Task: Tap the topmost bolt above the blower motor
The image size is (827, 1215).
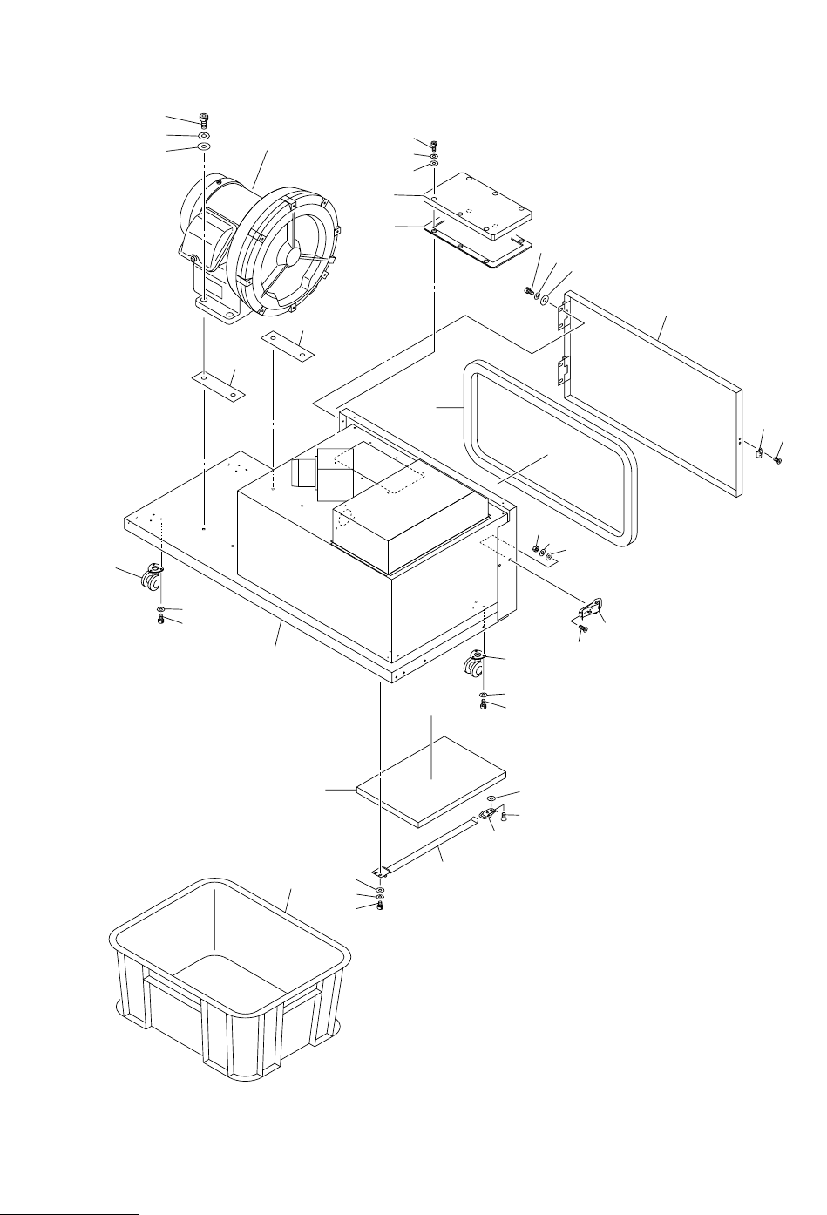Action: (x=204, y=119)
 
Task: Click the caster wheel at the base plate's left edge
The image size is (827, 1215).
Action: (x=154, y=577)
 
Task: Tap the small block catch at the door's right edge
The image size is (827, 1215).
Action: (x=758, y=452)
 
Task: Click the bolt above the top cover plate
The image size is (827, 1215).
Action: (x=434, y=144)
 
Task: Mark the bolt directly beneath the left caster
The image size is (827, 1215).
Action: (x=160, y=619)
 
